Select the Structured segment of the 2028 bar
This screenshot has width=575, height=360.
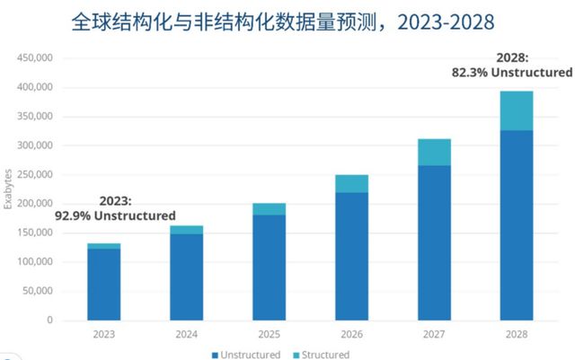(517, 110)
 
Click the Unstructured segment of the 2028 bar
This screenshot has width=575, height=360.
(517, 224)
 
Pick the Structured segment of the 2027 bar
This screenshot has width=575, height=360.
(435, 153)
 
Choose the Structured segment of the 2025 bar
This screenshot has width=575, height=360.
(270, 209)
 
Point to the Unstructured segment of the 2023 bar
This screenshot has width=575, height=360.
(103, 284)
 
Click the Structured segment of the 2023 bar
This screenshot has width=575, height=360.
(103, 246)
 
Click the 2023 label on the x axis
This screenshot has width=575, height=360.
(103, 334)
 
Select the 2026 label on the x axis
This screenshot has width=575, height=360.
(352, 334)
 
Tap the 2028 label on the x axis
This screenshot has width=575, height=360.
(517, 334)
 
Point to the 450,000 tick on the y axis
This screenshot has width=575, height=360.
(35, 58)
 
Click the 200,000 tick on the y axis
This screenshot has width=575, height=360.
(35, 204)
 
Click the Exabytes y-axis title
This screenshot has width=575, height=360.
(8, 189)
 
